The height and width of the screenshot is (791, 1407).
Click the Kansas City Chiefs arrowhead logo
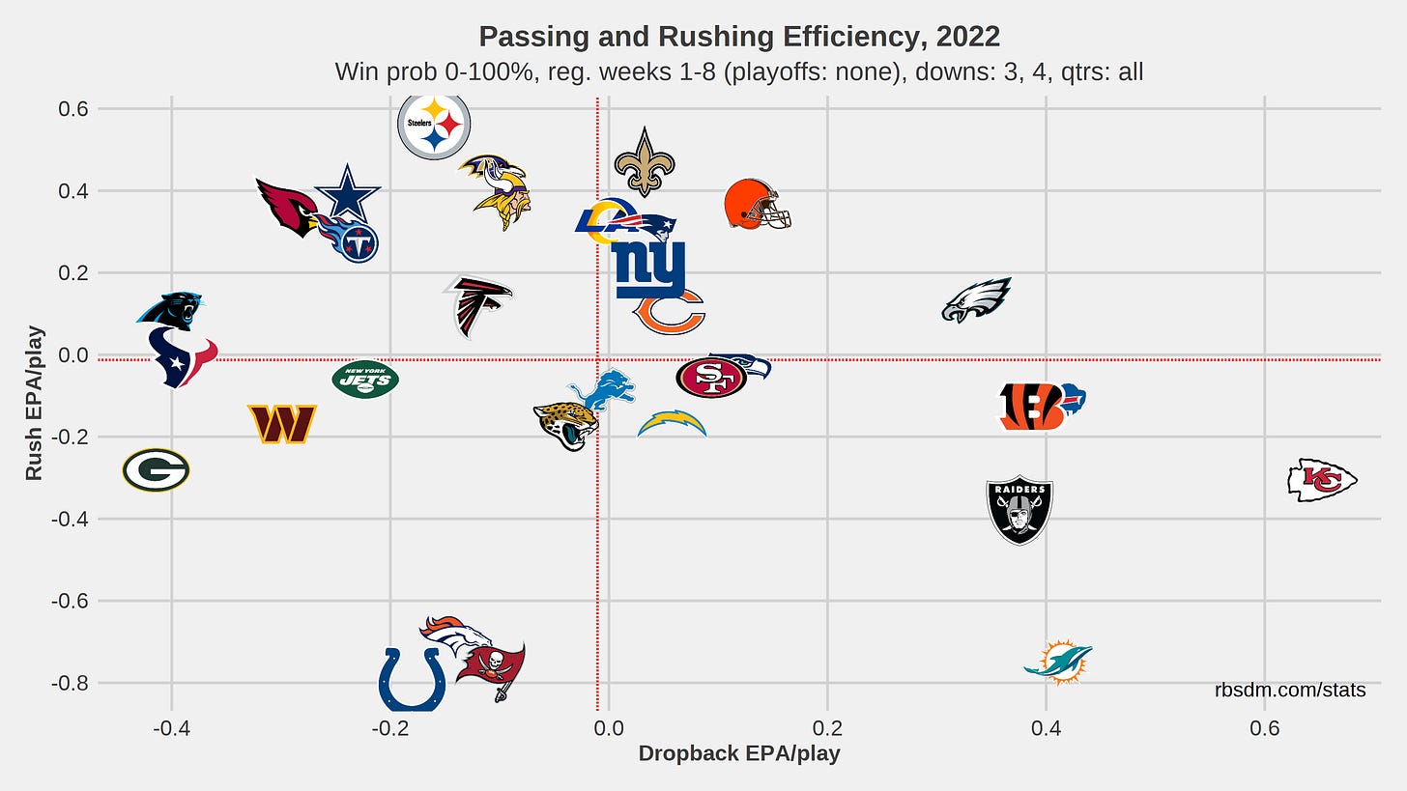click(x=1322, y=480)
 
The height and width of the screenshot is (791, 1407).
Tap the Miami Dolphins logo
click(x=1059, y=662)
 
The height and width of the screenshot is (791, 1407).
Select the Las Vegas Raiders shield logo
click(x=1019, y=511)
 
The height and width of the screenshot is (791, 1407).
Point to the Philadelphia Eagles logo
click(x=976, y=299)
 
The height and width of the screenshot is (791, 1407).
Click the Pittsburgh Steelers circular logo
click(x=434, y=126)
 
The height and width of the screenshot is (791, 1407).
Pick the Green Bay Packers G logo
click(x=156, y=470)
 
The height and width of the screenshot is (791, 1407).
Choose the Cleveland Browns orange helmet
click(x=757, y=204)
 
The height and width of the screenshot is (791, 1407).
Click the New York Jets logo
click(x=365, y=379)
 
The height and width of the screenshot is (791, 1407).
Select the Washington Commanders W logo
click(x=282, y=424)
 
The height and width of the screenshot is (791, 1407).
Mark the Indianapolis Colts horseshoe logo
click(x=413, y=679)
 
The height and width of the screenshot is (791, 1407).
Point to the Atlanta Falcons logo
click(x=477, y=306)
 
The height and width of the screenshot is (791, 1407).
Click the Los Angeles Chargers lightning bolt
click(x=673, y=423)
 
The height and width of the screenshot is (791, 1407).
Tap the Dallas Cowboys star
click(x=347, y=192)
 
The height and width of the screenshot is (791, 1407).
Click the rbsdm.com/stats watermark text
click(x=1290, y=690)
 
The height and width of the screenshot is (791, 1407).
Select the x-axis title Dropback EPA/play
click(x=739, y=754)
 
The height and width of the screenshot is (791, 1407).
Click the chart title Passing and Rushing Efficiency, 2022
click(x=739, y=37)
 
